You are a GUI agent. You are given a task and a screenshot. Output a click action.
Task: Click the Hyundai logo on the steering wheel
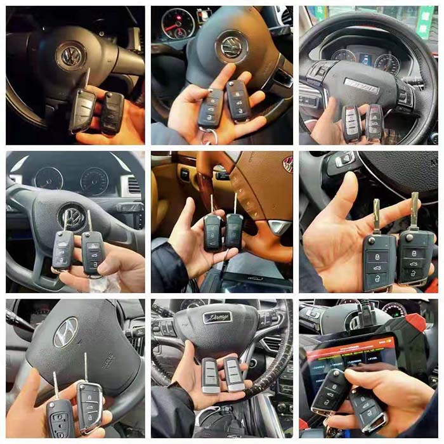pyautogui.click(x=65, y=332)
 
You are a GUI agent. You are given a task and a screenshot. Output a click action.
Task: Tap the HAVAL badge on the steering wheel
pyautogui.click(x=361, y=82)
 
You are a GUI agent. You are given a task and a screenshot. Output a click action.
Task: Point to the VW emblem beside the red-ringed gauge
pyautogui.click(x=232, y=46)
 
